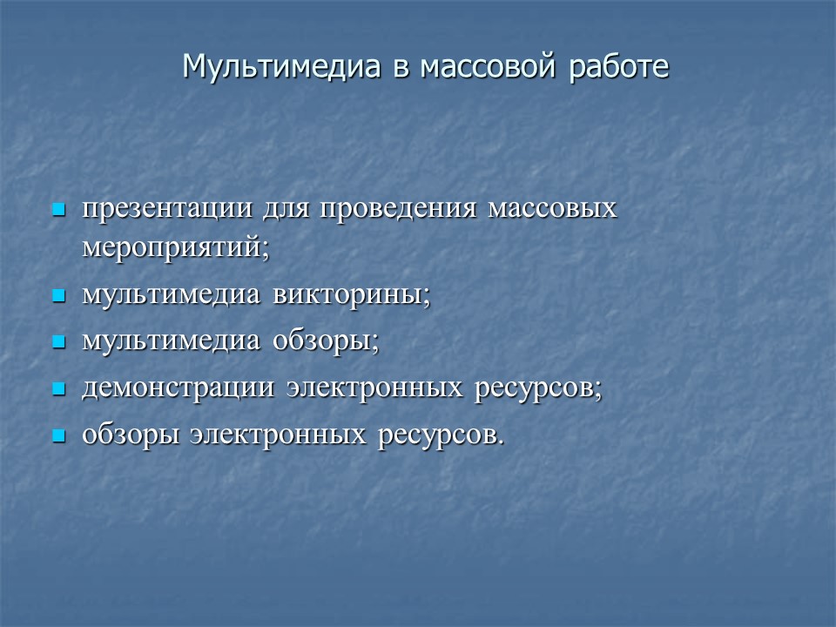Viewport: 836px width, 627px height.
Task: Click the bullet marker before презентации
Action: click(x=59, y=210)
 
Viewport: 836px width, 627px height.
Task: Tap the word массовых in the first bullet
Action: click(x=553, y=210)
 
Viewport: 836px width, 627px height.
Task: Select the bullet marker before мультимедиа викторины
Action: click(x=59, y=296)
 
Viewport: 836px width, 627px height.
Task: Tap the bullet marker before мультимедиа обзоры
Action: click(x=59, y=342)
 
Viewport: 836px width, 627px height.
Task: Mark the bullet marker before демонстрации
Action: click(x=59, y=389)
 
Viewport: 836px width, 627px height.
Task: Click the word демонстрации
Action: click(x=178, y=388)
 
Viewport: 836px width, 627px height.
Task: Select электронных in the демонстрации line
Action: click(x=375, y=388)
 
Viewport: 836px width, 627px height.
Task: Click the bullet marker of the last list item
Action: click(x=59, y=435)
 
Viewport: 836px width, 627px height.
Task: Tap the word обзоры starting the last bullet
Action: click(x=131, y=435)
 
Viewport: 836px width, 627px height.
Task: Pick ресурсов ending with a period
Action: click(x=440, y=435)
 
